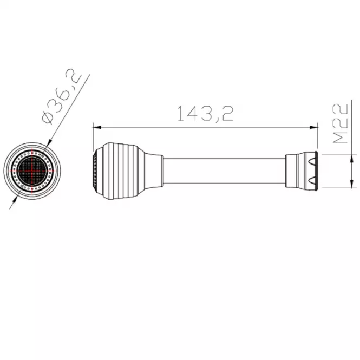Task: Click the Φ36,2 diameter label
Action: coord(62,96)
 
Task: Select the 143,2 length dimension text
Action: coord(206,114)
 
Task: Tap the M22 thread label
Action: coord(341,123)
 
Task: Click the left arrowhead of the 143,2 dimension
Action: coord(97,127)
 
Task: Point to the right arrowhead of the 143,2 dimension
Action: coord(314,127)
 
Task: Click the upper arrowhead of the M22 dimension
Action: coord(351,159)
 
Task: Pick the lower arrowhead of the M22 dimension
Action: coord(351,184)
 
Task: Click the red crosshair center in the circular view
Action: coord(32,171)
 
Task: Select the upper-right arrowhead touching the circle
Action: coord(49,143)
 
